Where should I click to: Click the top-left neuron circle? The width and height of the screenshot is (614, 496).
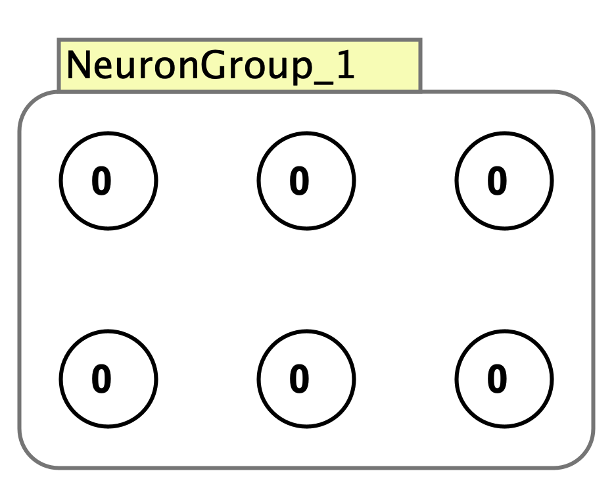(108, 181)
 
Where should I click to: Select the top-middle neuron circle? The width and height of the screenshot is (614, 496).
(306, 181)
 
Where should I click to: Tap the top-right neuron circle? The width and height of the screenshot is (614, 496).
(504, 181)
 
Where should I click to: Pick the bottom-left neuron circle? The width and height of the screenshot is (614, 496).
(108, 379)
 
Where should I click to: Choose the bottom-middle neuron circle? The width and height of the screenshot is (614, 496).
(306, 379)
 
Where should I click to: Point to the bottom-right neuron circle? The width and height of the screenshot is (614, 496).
(504, 379)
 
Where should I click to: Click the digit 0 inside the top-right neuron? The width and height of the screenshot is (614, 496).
(497, 181)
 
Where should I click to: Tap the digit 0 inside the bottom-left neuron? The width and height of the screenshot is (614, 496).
(101, 380)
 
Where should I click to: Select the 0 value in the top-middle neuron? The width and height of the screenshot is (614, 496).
(299, 181)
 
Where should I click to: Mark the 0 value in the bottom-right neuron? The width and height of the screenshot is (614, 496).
(497, 380)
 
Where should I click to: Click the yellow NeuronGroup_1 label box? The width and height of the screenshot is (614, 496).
(239, 65)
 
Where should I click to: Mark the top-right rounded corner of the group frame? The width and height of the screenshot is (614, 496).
(582, 104)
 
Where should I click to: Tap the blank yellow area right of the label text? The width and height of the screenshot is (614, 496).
(388, 65)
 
